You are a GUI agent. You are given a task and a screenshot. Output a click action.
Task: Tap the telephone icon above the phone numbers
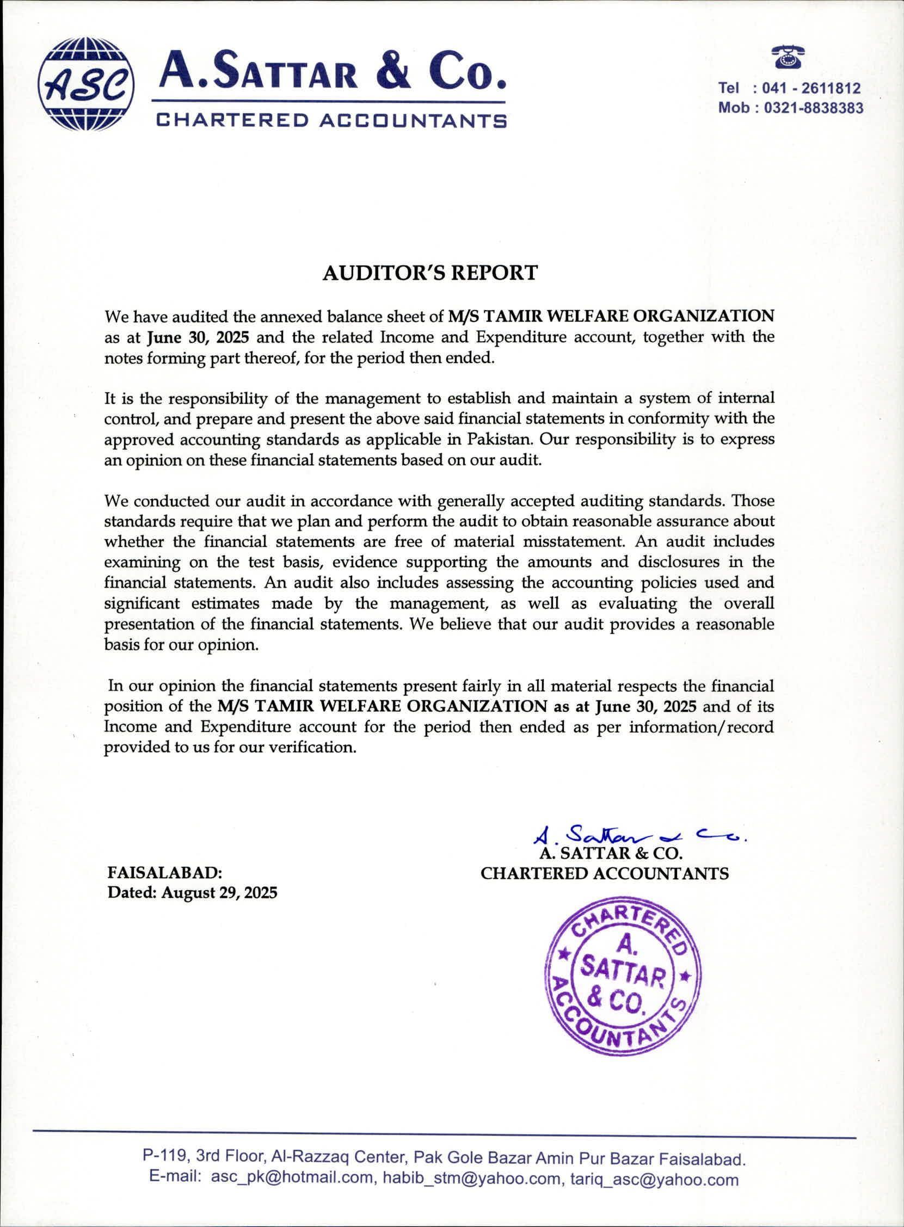pyautogui.click(x=788, y=57)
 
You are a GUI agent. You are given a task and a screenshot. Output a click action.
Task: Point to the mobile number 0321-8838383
pyautogui.click(x=814, y=108)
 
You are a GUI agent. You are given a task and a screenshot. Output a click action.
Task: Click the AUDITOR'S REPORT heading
pyautogui.click(x=430, y=273)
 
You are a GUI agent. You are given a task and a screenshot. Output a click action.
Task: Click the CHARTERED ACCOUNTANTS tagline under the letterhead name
pyautogui.click(x=331, y=120)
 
